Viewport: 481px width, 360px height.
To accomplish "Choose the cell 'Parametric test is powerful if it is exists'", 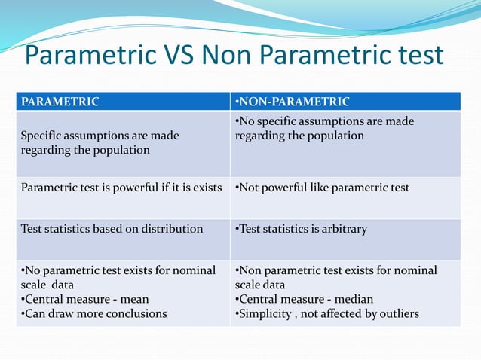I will coord(121,187).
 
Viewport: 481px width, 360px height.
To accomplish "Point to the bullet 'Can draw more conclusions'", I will coord(93,313).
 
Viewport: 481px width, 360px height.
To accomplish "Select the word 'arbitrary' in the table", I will coord(342,229).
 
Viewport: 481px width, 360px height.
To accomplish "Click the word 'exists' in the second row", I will coord(207,187).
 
